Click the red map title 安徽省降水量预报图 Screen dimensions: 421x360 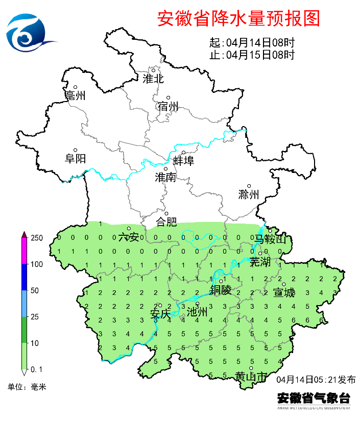[x=238, y=18]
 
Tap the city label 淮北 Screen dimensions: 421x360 [x=153, y=79]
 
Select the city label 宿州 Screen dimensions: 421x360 [x=168, y=106]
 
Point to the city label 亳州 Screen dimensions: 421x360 [x=76, y=95]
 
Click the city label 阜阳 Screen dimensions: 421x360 [x=76, y=159]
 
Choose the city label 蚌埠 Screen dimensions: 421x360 [x=183, y=161]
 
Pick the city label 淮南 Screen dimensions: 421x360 [x=165, y=177]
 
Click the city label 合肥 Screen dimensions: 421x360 [x=166, y=222]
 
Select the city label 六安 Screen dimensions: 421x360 [x=128, y=237]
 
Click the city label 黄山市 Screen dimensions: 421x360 [x=251, y=377]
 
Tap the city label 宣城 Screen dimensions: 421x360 [x=284, y=292]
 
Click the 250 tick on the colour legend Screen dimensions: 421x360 [x=36, y=238]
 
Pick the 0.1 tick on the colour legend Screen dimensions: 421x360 [x=36, y=369]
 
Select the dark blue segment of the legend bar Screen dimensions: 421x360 [x=23, y=278]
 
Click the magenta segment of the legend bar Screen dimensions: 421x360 [x=23, y=251]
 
